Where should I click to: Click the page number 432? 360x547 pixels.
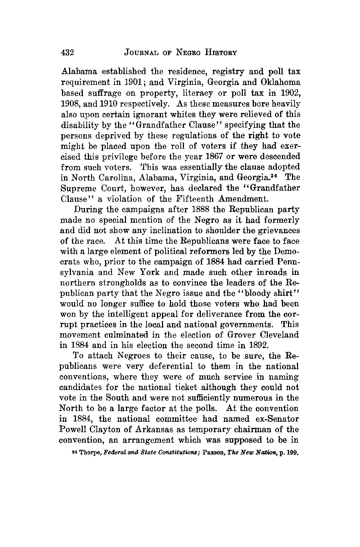[x=68, y=53]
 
